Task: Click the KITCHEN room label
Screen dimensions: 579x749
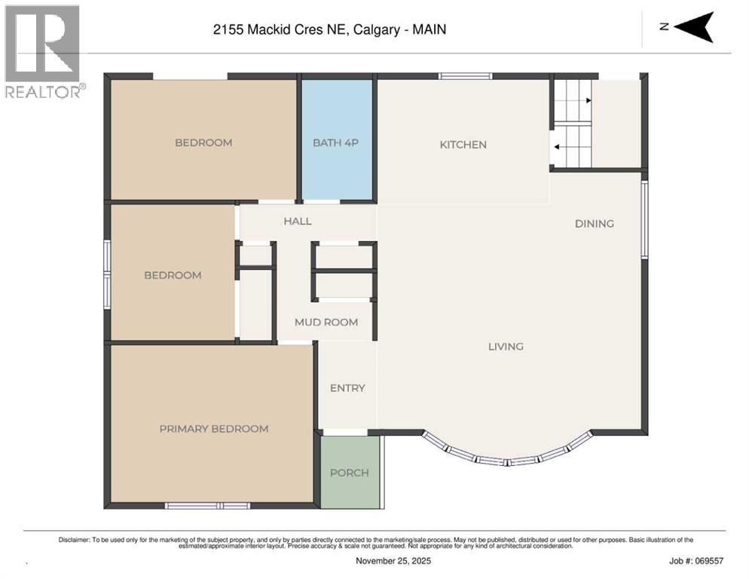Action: [463, 145]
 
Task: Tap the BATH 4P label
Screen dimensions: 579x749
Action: [336, 142]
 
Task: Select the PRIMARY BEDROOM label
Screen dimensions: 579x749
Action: [213, 429]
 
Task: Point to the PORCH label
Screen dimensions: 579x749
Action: [350, 473]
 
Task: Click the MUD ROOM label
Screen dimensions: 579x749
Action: [326, 322]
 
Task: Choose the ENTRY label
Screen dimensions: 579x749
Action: [347, 388]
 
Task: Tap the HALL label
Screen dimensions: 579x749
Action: [297, 221]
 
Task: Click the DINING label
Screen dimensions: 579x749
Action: [594, 224]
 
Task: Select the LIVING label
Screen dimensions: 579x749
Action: [505, 347]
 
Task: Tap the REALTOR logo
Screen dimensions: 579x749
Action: [42, 51]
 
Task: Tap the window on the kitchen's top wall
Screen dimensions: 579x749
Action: [465, 76]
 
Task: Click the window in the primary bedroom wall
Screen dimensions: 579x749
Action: [206, 505]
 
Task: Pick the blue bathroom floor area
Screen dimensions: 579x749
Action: [336, 173]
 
